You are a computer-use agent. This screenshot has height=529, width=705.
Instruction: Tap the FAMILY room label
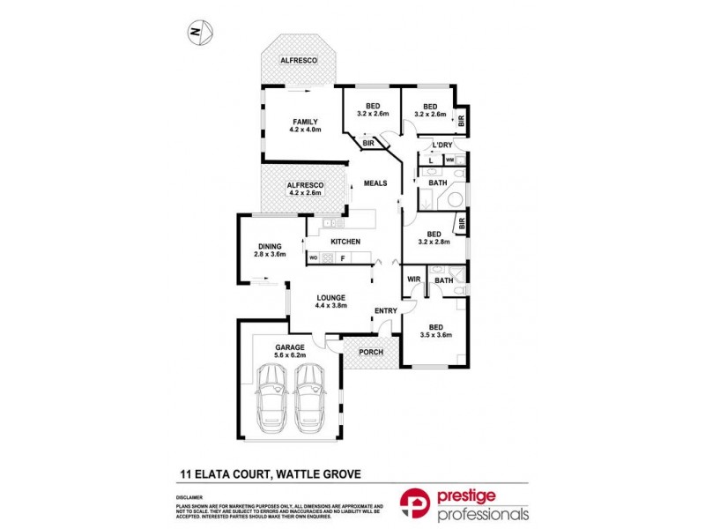[305, 122]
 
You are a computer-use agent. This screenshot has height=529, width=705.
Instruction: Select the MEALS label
[375, 183]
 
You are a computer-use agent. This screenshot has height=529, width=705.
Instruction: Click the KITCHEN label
[345, 241]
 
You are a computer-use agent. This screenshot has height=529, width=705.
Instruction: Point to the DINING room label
[270, 246]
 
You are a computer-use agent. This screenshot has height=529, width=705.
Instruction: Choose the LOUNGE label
[331, 297]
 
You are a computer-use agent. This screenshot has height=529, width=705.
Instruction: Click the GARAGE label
[290, 347]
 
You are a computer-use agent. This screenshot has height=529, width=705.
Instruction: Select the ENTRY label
[385, 310]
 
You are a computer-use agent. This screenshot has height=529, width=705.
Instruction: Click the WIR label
[413, 280]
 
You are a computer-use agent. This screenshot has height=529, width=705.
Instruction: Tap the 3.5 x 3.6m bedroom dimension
[436, 334]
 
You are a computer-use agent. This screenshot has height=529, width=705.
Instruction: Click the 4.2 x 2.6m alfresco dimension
[305, 194]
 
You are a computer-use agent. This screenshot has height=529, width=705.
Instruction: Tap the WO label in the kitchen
[313, 257]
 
